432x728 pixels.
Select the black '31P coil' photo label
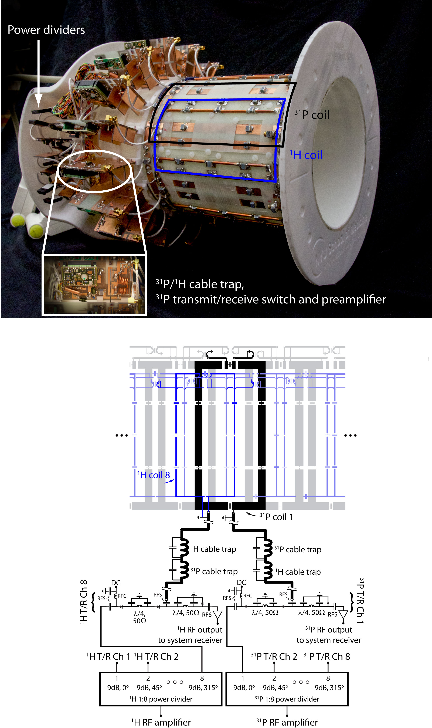click(312, 114)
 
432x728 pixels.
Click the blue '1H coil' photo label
click(306, 155)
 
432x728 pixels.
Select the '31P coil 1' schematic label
click(276, 517)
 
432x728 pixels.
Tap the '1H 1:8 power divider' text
click(161, 699)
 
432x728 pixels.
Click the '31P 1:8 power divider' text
click(287, 699)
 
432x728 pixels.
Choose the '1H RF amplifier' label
click(161, 722)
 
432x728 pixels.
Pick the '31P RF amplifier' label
click(287, 722)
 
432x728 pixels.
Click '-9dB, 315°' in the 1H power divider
click(202, 688)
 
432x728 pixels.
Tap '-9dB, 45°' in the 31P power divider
click(274, 688)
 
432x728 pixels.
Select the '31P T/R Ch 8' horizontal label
click(327, 656)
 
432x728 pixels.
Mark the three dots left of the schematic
click(122, 435)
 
